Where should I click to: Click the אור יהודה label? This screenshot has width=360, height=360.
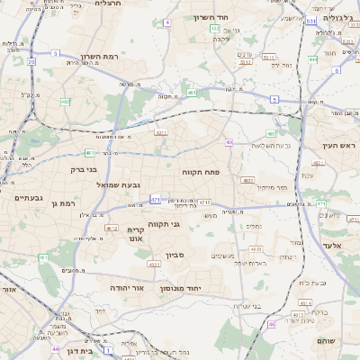pyautogui.click(x=128, y=287)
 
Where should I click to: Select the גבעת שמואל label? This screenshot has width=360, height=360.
pyautogui.click(x=140, y=185)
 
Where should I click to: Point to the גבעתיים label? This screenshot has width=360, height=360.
pyautogui.click(x=28, y=198)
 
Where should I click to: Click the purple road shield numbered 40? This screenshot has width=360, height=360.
pyautogui.click(x=229, y=142)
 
